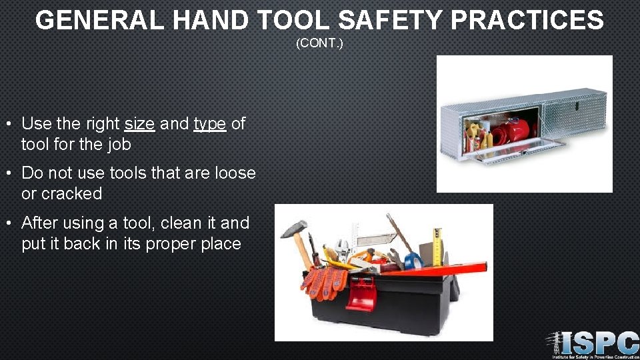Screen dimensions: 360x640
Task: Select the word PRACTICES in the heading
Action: [x=527, y=20]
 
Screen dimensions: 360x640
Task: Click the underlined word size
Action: [x=139, y=123]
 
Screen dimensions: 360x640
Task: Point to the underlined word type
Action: [x=209, y=124]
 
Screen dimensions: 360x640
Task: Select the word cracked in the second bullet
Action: [x=71, y=194]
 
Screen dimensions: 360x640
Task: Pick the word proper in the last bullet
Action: [x=167, y=243]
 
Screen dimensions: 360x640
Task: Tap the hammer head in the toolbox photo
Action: [x=293, y=229]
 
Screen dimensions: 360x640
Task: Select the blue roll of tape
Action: [x=413, y=260]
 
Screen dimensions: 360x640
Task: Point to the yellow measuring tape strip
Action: [x=438, y=246]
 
